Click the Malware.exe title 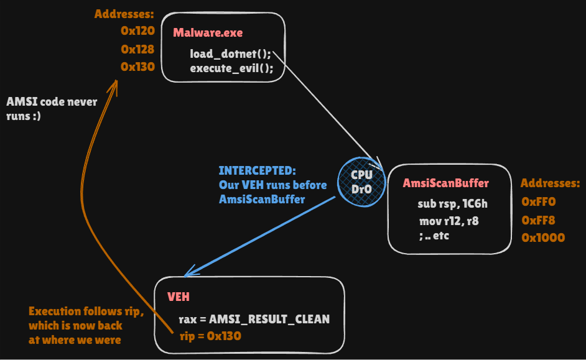(x=208, y=33)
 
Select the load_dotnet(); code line (x=230, y=53)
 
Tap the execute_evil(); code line (x=231, y=68)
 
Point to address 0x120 (x=137, y=30)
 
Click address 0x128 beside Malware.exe (x=137, y=49)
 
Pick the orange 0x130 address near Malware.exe (x=137, y=67)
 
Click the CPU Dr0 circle (x=361, y=182)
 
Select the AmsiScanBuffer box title (x=446, y=183)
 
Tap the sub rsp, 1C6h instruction (x=453, y=203)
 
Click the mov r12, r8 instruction (x=449, y=221)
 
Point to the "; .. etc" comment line (x=434, y=236)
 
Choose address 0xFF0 (x=539, y=201)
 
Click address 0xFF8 (x=538, y=220)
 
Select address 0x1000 (x=543, y=238)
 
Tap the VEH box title (x=179, y=297)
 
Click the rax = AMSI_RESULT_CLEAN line (x=254, y=320)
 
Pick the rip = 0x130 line (x=210, y=336)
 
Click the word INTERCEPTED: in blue (x=257, y=170)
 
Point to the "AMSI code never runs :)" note (x=52, y=109)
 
